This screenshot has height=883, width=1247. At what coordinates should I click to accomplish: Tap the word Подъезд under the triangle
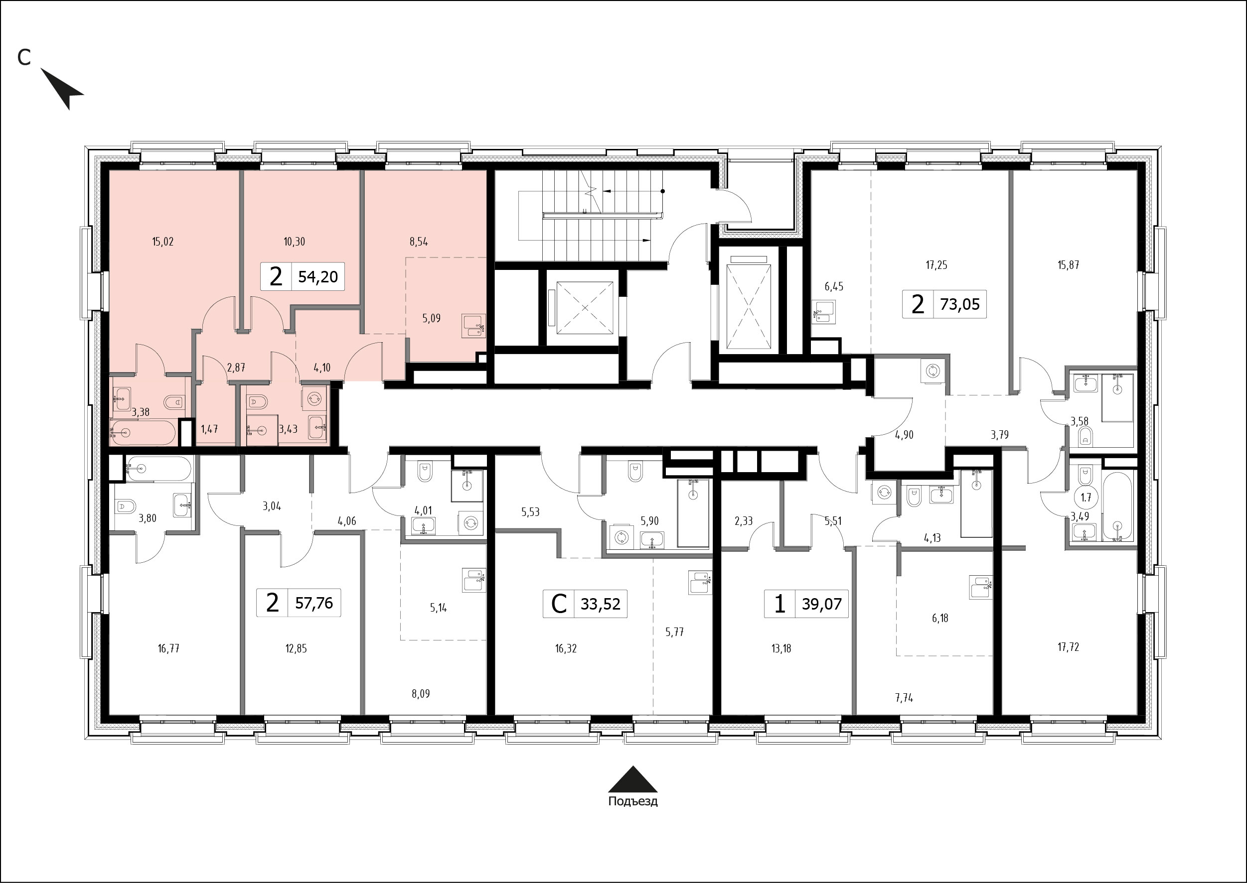(x=633, y=801)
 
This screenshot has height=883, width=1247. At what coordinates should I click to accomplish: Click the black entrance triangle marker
(x=633, y=779)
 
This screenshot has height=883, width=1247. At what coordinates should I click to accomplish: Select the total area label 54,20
(x=318, y=277)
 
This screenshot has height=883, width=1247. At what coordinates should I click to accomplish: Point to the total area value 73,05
(x=960, y=304)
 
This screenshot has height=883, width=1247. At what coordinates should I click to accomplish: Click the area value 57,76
(x=314, y=603)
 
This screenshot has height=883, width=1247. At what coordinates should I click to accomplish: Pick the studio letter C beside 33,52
(x=559, y=604)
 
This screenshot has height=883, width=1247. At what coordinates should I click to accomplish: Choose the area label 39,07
(x=821, y=604)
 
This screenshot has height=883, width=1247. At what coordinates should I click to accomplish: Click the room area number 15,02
(x=162, y=242)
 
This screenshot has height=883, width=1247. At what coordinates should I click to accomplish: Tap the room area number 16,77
(x=168, y=648)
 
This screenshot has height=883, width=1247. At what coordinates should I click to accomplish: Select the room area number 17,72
(x=1069, y=647)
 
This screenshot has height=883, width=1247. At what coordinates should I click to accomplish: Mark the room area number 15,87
(x=1069, y=265)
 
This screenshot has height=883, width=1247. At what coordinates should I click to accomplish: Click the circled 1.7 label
(x=1086, y=497)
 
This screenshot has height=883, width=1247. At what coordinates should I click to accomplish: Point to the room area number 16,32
(x=566, y=648)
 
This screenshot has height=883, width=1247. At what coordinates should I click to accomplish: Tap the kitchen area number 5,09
(x=432, y=319)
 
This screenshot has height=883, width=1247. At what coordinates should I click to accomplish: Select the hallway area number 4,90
(x=904, y=434)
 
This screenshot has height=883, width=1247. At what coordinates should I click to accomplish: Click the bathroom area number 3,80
(x=148, y=518)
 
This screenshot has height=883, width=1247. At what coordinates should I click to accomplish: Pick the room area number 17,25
(x=936, y=265)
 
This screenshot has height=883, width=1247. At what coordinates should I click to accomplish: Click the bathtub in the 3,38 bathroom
(x=143, y=433)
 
